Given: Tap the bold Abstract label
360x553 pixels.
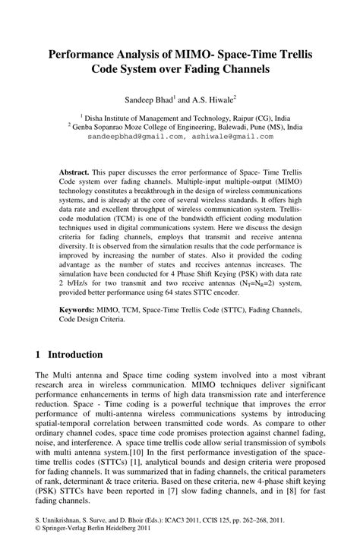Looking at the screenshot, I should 75,172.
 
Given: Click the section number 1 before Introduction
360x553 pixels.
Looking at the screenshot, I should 39,355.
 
